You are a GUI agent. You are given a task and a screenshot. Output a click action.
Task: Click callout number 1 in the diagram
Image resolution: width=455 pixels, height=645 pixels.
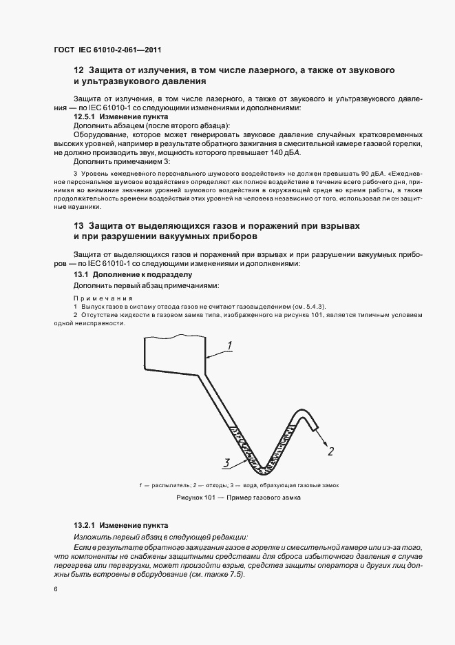click(x=231, y=345)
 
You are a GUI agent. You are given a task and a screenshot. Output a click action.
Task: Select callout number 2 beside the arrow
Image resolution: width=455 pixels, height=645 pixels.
click(x=330, y=452)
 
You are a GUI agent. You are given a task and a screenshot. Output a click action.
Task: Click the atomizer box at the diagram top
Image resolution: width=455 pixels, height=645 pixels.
click(x=174, y=353)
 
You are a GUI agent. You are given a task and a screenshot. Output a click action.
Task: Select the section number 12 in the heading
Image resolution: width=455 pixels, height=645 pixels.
click(x=78, y=71)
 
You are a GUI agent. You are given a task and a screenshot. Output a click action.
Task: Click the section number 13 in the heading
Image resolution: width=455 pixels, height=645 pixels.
click(x=78, y=226)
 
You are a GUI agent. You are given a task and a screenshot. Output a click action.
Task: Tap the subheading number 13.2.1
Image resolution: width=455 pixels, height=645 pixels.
click(x=86, y=525)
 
